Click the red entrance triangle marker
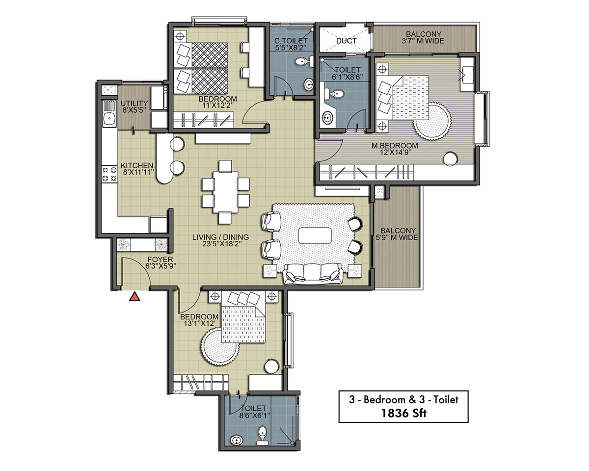click(134, 297)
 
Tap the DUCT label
click(346, 41)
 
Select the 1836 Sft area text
click(403, 413)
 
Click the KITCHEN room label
click(137, 165)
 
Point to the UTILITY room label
click(134, 104)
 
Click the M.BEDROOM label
click(395, 146)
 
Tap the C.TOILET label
click(291, 41)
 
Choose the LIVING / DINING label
click(220, 237)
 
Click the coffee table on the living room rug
click(315, 235)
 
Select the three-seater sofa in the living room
click(313, 273)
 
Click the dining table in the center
click(225, 192)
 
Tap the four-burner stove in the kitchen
click(109, 174)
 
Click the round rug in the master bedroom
click(432, 121)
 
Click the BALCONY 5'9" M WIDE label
click(397, 234)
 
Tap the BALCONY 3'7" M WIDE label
click(423, 37)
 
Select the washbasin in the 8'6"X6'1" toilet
click(237, 441)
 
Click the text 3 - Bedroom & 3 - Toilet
click(403, 400)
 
